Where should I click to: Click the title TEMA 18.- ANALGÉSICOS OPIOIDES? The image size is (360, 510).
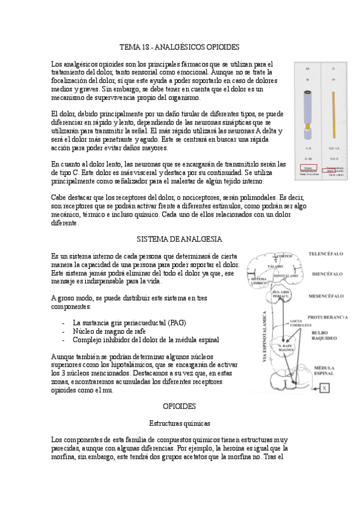180,46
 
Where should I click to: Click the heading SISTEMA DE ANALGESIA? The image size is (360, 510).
180,239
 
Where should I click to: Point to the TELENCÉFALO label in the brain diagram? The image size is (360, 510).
325,254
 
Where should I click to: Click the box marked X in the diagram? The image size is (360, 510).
325,389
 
